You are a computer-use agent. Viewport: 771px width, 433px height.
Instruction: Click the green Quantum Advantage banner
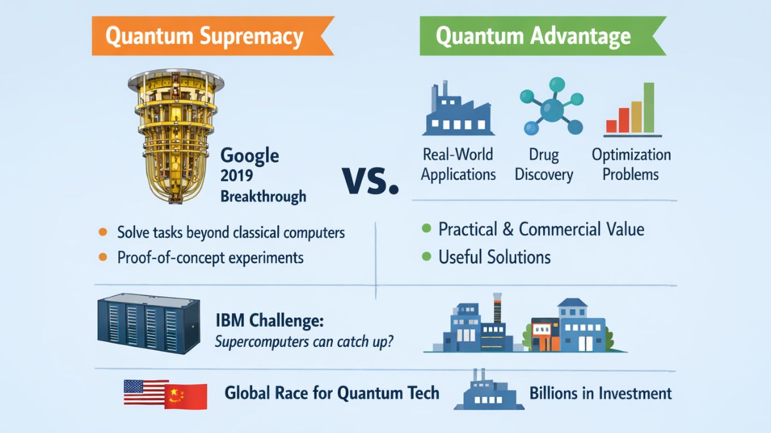[x=533, y=36]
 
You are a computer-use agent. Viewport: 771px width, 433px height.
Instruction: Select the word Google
[x=249, y=155]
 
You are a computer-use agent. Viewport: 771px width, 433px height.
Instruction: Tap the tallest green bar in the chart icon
[x=649, y=107]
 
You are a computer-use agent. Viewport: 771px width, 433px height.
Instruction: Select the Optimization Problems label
[x=631, y=164]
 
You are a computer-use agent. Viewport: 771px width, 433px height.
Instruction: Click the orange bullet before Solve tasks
[x=102, y=232]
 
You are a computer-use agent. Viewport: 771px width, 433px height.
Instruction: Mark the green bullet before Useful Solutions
[x=425, y=257]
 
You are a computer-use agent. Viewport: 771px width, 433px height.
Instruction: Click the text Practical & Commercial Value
[x=541, y=229]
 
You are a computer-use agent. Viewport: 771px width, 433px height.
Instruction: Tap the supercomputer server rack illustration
[x=148, y=325]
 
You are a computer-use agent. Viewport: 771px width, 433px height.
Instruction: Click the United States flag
[x=145, y=393]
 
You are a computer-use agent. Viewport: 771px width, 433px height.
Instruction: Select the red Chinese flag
[x=187, y=396]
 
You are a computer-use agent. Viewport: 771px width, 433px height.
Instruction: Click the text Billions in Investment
[x=601, y=393]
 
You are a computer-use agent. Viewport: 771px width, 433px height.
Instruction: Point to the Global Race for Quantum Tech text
[x=332, y=393]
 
